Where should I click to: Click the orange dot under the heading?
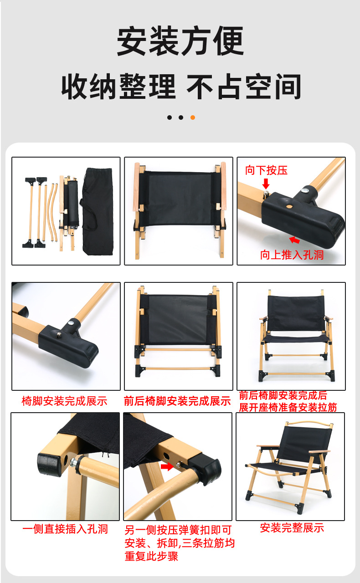click(x=193, y=118)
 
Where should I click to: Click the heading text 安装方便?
click(x=180, y=41)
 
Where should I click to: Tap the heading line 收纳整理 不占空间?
click(x=181, y=87)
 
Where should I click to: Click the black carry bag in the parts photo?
click(x=98, y=211)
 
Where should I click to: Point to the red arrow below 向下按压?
click(x=266, y=184)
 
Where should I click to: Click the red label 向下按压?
click(x=266, y=170)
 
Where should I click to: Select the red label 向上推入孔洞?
click(x=292, y=255)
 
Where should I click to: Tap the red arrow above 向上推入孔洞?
click(x=294, y=240)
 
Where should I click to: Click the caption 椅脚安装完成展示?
click(x=64, y=401)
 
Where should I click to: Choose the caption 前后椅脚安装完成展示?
click(x=177, y=401)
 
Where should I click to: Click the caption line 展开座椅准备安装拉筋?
click(x=288, y=407)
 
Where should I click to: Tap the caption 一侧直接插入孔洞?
click(x=65, y=529)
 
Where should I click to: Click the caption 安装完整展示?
click(x=292, y=528)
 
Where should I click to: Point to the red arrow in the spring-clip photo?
click(x=167, y=466)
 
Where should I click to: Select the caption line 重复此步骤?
click(x=151, y=557)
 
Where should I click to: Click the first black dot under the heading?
click(x=170, y=118)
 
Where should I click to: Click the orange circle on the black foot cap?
click(x=289, y=206)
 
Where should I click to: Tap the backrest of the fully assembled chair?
click(x=304, y=444)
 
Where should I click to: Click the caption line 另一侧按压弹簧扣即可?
click(x=178, y=530)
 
